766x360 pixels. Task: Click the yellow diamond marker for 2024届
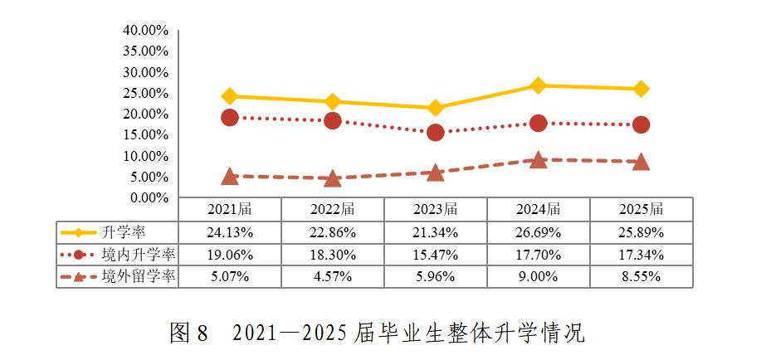(x=538, y=85)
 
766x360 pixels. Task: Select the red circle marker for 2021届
(x=230, y=118)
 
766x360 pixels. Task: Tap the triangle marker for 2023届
(x=435, y=173)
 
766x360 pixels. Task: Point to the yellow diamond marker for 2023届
(x=435, y=108)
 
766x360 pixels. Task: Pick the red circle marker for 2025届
(x=641, y=124)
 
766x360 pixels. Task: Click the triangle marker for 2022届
(x=333, y=178)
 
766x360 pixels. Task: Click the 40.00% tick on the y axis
(x=146, y=30)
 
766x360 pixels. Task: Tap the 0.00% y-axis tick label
(x=149, y=197)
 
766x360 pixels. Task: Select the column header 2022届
(x=333, y=209)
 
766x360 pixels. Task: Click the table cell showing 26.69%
(x=539, y=231)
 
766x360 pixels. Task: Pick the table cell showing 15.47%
(x=436, y=254)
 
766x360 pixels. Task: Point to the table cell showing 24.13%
(x=230, y=231)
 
